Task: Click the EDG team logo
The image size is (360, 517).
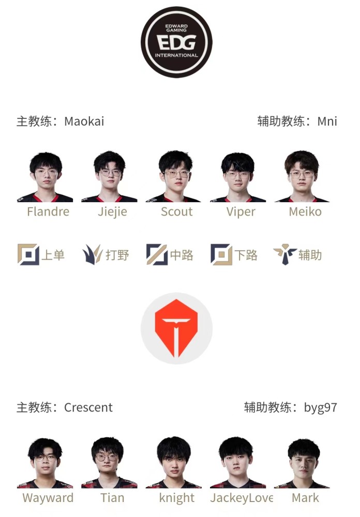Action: (176, 42)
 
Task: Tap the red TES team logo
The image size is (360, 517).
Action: (176, 328)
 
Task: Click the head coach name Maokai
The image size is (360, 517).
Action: (84, 121)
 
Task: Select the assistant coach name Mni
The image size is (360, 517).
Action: (327, 121)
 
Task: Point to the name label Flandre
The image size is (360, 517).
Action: (48, 211)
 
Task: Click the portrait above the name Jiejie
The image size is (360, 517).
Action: (109, 176)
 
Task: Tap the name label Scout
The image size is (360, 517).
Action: (176, 211)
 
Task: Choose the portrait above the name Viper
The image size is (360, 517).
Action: (238, 177)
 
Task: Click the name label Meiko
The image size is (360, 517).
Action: (305, 211)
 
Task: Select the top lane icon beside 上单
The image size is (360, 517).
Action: (28, 254)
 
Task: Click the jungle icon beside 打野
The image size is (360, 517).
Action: (93, 254)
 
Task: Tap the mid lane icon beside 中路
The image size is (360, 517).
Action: (157, 254)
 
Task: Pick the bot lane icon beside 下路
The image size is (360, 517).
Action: (221, 254)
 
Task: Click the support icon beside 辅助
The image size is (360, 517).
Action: (285, 254)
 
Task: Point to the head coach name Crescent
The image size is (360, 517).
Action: (88, 407)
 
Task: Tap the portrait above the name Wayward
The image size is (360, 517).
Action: (45, 463)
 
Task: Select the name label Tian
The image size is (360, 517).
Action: (113, 498)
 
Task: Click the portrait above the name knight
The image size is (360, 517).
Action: (174, 462)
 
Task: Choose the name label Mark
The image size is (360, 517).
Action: (306, 498)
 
